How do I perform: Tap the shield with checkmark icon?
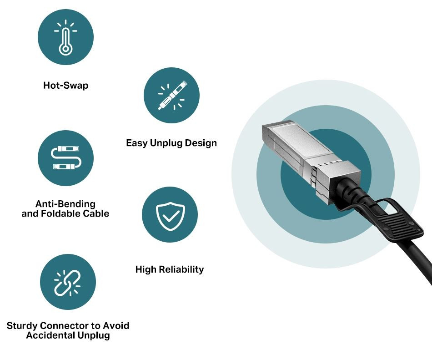170,216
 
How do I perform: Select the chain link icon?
67,283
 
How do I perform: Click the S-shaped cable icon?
66,157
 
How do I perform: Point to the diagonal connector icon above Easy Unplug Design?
171,96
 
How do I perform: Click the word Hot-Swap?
66,86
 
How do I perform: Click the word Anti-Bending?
65,204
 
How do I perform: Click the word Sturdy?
22,325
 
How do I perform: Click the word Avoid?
116,325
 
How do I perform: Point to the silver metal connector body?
310,160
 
